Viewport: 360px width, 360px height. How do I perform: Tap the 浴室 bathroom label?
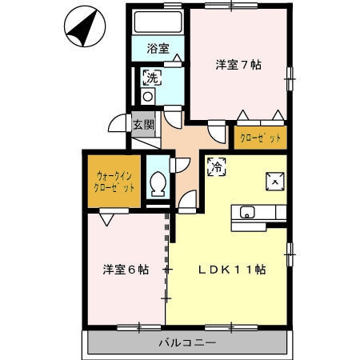[x=157, y=49]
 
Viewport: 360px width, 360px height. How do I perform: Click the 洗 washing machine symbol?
[x=150, y=78]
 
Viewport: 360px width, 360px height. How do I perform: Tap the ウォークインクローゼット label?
[x=114, y=181]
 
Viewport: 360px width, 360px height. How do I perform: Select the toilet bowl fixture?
[x=158, y=185]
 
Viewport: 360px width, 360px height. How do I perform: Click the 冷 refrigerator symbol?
[x=216, y=166]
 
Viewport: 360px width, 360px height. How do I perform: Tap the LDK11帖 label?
[x=232, y=270]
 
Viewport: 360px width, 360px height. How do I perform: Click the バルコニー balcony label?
[x=186, y=342]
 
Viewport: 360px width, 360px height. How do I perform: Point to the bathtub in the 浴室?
[x=157, y=23]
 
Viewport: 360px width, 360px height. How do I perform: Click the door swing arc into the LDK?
[x=189, y=202]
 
